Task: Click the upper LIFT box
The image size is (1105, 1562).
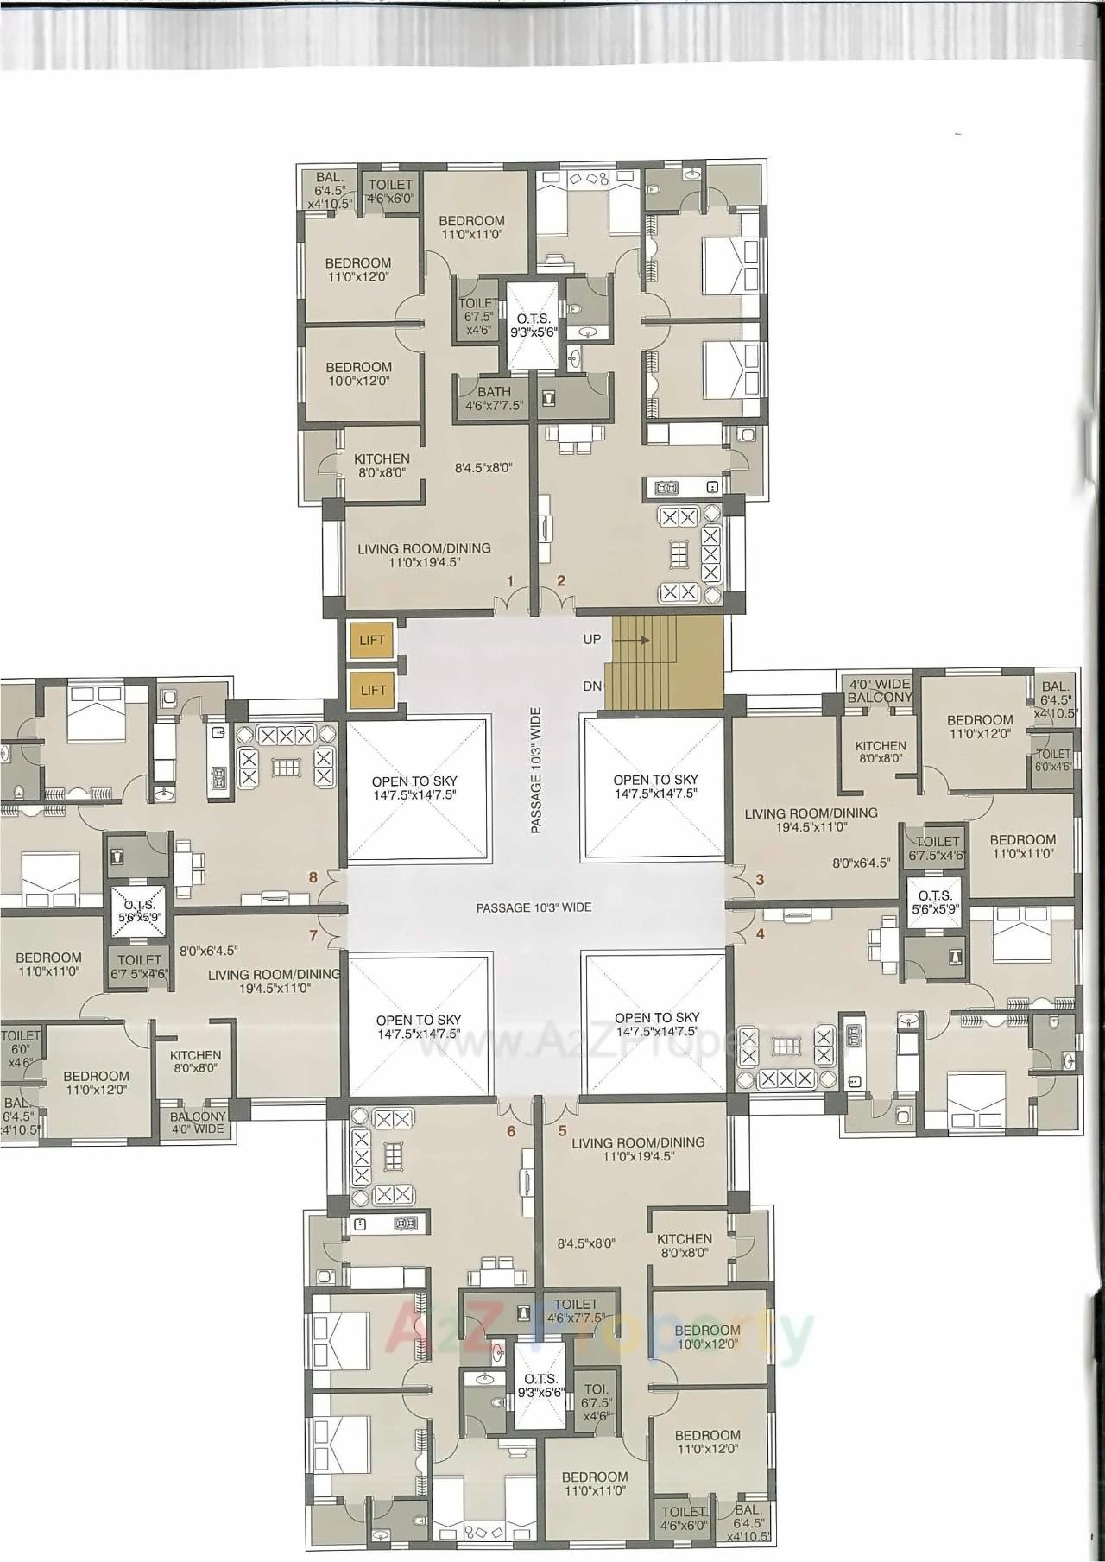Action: (x=373, y=641)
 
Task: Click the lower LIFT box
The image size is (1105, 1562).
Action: (x=373, y=690)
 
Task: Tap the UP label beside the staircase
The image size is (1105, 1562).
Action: (x=592, y=640)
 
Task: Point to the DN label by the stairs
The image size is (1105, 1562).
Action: (x=592, y=686)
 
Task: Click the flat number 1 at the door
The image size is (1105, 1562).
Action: (x=510, y=581)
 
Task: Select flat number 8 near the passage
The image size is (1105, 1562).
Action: (x=314, y=877)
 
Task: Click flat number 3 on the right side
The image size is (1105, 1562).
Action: (x=760, y=881)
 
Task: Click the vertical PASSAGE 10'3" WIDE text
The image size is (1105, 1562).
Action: (x=536, y=770)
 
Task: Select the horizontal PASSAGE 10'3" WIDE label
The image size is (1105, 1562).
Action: (x=534, y=907)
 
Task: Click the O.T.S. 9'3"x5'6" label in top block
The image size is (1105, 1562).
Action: (x=533, y=326)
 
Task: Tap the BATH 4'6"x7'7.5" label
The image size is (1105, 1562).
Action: (x=494, y=398)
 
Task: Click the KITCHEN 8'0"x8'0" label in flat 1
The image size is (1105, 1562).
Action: (x=382, y=465)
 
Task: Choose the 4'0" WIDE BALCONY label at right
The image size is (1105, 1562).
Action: (x=880, y=691)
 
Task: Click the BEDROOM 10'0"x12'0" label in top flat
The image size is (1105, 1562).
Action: (x=358, y=373)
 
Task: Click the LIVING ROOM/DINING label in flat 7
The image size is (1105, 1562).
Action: (x=275, y=981)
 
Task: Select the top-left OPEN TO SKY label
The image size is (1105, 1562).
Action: (x=417, y=787)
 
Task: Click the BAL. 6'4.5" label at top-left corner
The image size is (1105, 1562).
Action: (x=330, y=190)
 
